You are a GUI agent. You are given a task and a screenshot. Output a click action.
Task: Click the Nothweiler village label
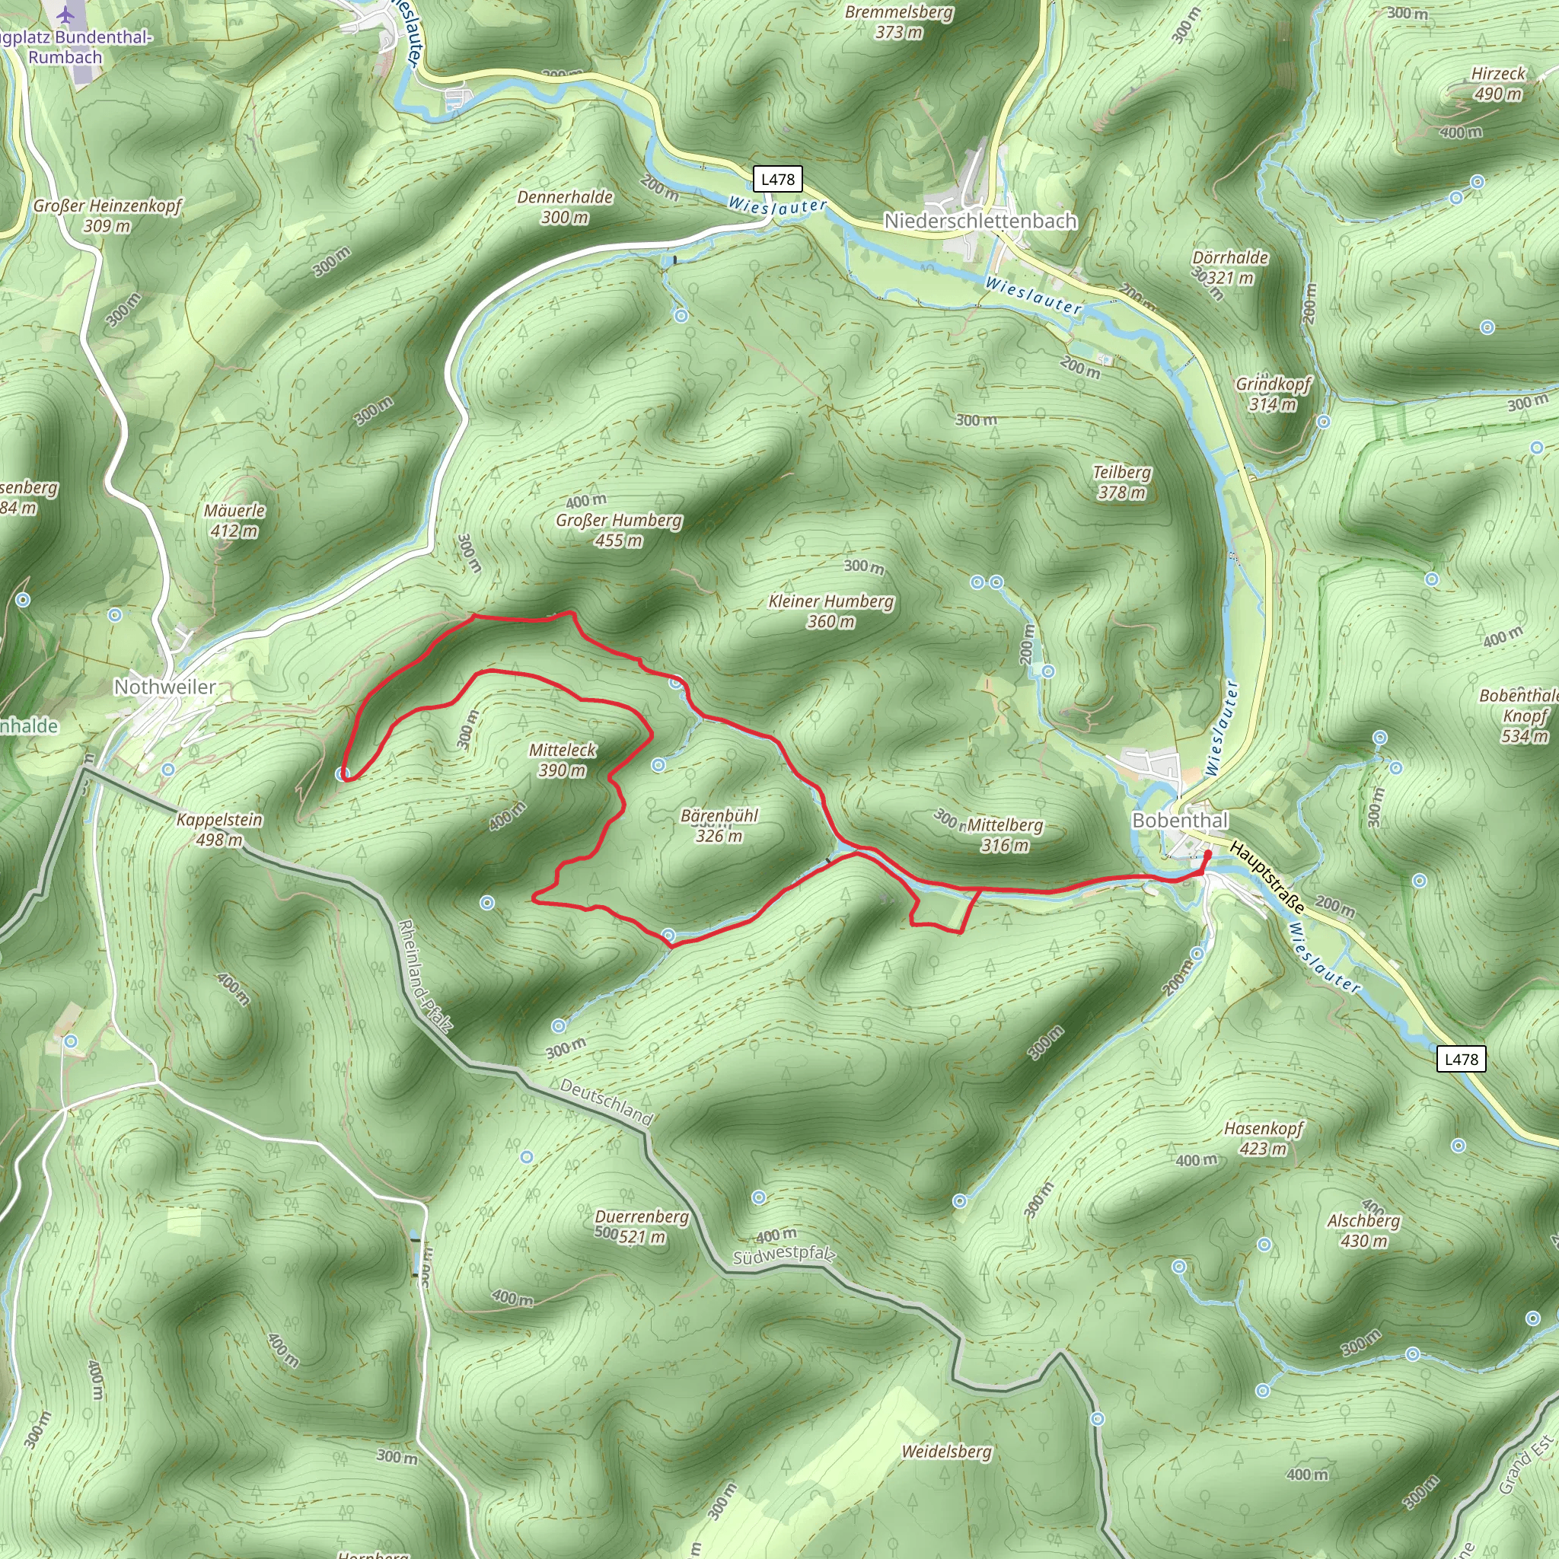164,687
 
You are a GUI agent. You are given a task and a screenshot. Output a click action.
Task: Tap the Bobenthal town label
1180,820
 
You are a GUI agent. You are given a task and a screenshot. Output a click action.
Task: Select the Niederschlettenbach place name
980,220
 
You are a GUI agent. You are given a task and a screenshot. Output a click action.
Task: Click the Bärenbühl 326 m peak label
719,825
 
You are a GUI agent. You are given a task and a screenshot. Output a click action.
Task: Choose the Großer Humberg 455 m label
619,530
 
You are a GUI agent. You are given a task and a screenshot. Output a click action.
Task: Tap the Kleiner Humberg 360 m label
831,611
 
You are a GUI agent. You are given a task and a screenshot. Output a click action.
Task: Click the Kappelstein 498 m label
219,830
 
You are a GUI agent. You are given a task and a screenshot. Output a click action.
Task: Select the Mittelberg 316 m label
1005,835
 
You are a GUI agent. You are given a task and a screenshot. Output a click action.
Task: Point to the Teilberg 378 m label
1121,482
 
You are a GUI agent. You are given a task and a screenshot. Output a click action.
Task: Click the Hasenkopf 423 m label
1263,1138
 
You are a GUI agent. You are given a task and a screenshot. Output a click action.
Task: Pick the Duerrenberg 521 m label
642,1226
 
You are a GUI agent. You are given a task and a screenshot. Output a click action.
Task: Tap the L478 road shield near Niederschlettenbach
778,179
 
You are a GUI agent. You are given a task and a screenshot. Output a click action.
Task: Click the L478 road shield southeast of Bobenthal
1461,1060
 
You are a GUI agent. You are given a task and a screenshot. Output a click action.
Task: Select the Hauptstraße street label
1266,876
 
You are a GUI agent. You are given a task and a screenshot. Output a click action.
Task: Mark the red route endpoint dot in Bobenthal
1207,854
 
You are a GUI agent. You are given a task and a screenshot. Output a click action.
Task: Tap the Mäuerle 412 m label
234,521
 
